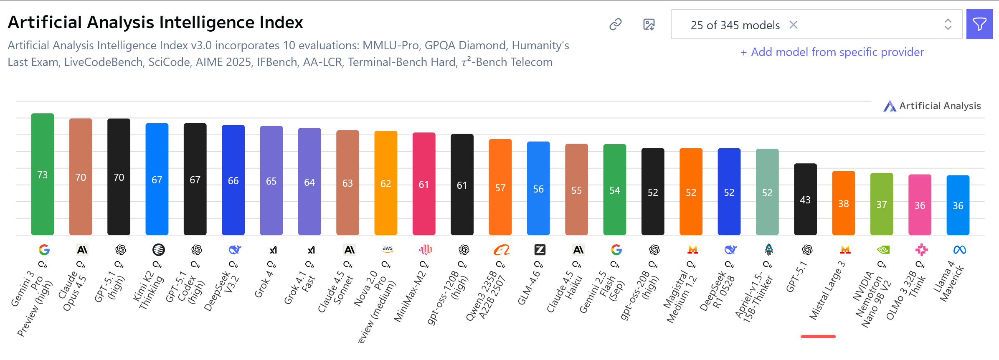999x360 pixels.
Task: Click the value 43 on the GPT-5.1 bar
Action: [x=805, y=200]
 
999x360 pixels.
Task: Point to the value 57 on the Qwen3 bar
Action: [x=500, y=188]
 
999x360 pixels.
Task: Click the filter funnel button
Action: [x=979, y=25]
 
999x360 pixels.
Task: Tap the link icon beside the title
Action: [x=615, y=25]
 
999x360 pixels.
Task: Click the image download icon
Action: [x=649, y=25]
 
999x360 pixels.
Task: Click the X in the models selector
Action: [x=794, y=25]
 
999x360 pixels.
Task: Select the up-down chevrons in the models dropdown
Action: [x=948, y=25]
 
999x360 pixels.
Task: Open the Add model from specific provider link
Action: [x=832, y=52]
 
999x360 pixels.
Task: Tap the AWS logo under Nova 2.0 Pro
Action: [x=388, y=249]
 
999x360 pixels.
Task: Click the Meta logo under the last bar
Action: [x=959, y=250]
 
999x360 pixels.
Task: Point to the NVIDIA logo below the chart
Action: [x=883, y=250]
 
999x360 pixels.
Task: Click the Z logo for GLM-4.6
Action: [x=540, y=250]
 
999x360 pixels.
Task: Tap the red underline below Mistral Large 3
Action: [x=818, y=336]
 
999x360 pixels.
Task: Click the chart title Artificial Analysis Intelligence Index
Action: [x=155, y=23]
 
